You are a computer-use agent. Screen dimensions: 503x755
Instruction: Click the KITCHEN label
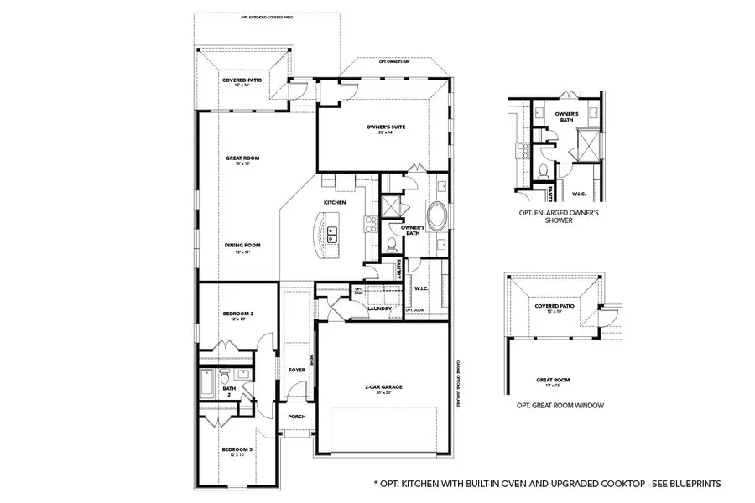pyautogui.click(x=336, y=203)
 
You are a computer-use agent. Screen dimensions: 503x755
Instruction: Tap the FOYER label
pyautogui.click(x=296, y=369)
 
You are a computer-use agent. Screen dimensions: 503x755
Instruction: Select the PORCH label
pyautogui.click(x=296, y=417)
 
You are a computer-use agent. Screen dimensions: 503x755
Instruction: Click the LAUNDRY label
pyautogui.click(x=380, y=308)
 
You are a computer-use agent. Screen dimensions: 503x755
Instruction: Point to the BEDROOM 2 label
pyautogui.click(x=237, y=314)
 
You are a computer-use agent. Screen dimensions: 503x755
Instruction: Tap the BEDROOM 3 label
pyautogui.click(x=237, y=449)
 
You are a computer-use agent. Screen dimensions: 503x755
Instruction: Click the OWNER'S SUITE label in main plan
pyautogui.click(x=386, y=126)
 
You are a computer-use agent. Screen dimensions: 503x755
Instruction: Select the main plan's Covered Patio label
pyautogui.click(x=242, y=80)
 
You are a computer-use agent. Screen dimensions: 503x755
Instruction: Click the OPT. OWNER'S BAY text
pyautogui.click(x=394, y=62)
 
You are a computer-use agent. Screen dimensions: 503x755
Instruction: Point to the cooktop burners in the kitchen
pyautogui.click(x=367, y=224)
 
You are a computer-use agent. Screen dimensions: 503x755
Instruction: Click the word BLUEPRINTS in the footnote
pyautogui.click(x=692, y=484)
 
